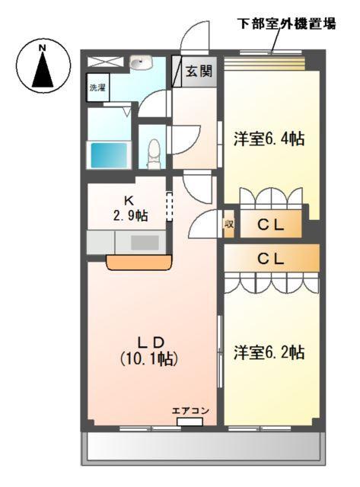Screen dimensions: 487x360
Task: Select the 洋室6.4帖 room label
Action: tap(269, 138)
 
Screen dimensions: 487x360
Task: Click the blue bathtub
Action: tap(110, 155)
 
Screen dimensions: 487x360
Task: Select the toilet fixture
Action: tap(153, 152)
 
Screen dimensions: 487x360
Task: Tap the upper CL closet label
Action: tap(269, 224)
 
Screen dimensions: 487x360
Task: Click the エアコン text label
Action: tap(190, 411)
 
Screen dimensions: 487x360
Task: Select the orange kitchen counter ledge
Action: tap(139, 263)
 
